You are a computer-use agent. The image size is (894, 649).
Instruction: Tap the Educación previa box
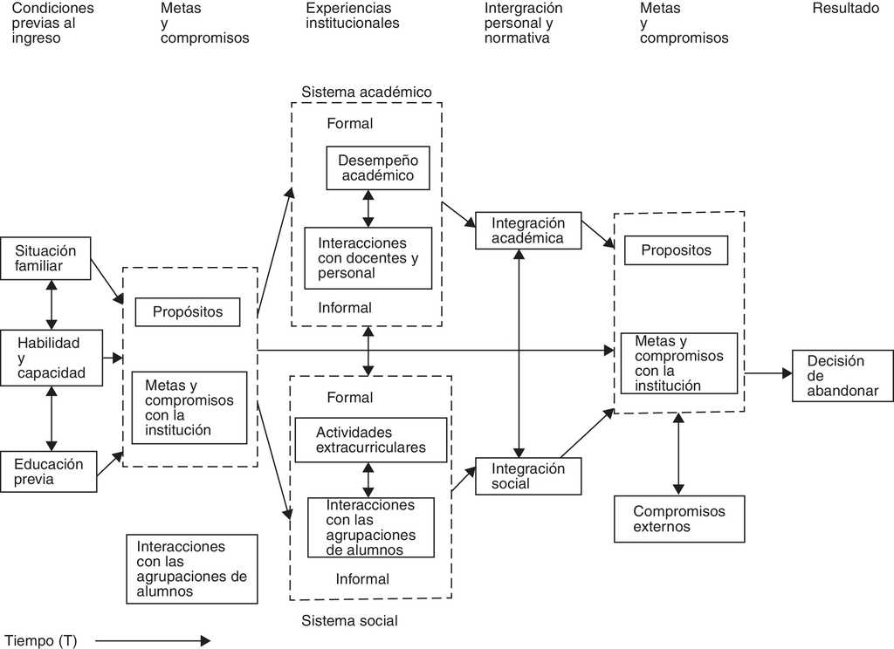click(49, 472)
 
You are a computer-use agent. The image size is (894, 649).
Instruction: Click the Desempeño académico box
click(378, 168)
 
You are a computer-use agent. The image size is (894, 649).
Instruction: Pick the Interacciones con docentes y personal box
click(368, 258)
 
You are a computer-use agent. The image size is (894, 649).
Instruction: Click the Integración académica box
click(527, 231)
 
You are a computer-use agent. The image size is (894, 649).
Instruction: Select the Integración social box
click(527, 475)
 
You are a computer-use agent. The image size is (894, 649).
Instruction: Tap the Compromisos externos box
click(679, 519)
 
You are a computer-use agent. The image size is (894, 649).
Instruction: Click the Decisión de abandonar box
click(842, 375)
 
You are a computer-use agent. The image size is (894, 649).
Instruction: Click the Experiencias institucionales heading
click(352, 16)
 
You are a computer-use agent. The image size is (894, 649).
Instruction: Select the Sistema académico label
click(367, 92)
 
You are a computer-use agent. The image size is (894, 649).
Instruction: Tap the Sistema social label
click(349, 621)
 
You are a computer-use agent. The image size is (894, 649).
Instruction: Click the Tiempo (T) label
click(41, 641)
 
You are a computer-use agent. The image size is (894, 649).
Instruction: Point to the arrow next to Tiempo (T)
click(153, 641)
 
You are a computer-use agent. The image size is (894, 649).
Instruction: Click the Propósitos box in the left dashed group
click(188, 311)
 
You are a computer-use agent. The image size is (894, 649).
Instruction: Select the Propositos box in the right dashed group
click(676, 250)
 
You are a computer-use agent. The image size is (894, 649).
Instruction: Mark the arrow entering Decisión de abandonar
click(768, 373)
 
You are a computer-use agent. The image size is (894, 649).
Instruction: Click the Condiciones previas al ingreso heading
click(52, 23)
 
